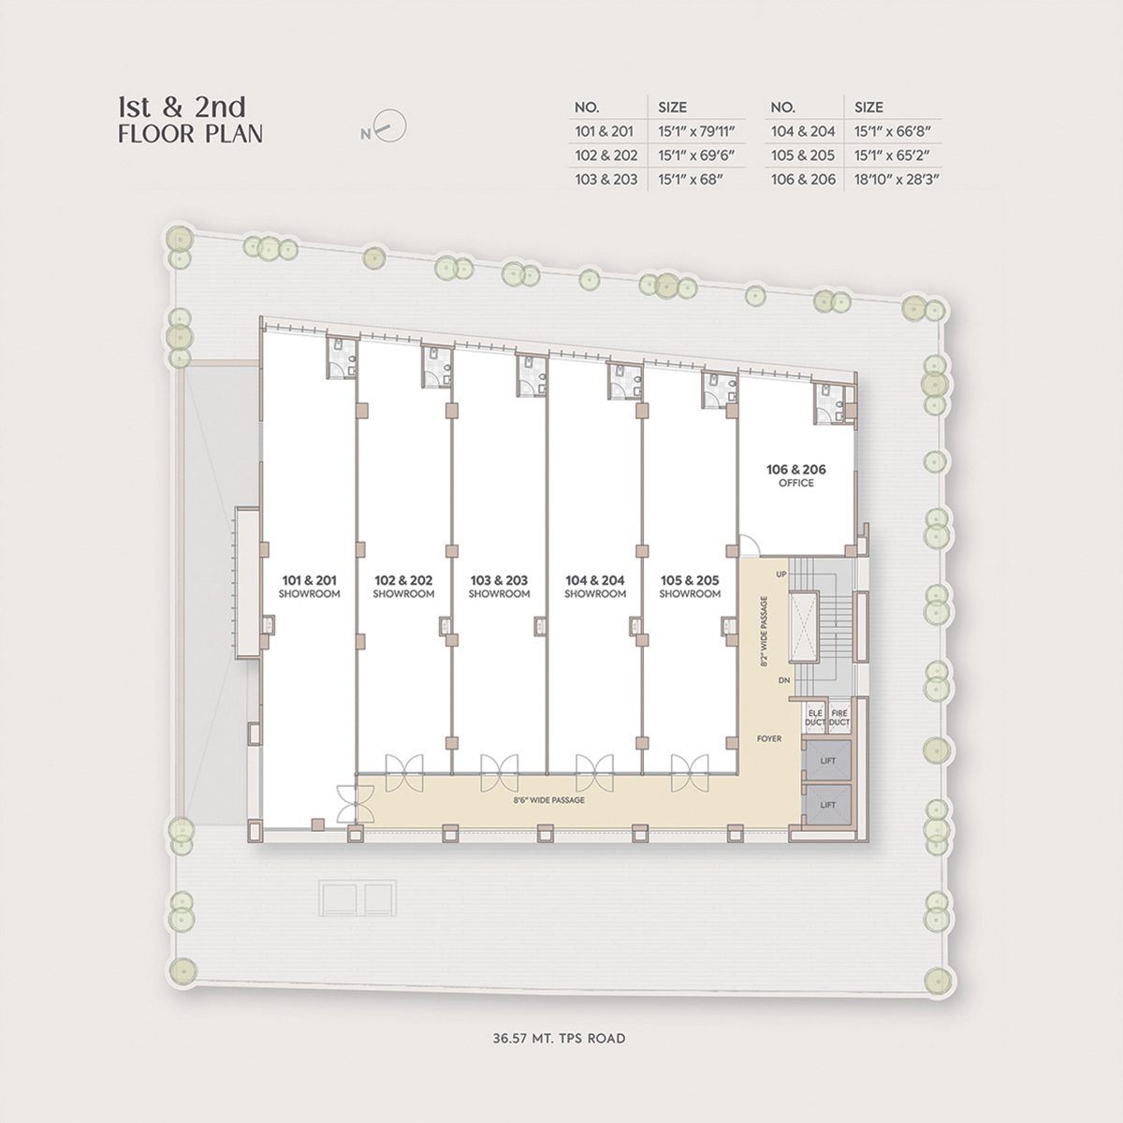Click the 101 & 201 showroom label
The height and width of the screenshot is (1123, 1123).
[x=309, y=586]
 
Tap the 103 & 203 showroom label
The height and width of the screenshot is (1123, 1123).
[x=499, y=586]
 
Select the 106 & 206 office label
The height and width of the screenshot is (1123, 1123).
[x=796, y=475]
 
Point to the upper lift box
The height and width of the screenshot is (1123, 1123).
[x=827, y=760]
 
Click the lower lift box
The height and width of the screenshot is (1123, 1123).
[x=827, y=804]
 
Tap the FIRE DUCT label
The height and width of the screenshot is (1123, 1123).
[x=839, y=718]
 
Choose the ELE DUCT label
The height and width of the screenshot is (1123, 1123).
[x=815, y=718]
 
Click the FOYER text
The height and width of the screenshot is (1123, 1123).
[x=769, y=738]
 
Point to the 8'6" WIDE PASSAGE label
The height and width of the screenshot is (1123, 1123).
[x=549, y=800]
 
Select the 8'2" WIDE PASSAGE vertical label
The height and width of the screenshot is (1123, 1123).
[x=764, y=631]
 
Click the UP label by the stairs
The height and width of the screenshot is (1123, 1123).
[x=781, y=574]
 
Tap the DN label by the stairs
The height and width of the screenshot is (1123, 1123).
[x=784, y=680]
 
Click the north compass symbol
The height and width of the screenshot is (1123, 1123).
[x=386, y=127]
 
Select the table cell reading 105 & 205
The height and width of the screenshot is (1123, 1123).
[x=803, y=155]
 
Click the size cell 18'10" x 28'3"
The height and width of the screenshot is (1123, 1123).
[x=897, y=179]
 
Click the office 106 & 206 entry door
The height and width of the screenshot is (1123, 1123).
[x=750, y=545]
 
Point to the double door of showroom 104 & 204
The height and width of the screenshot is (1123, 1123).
[x=594, y=773]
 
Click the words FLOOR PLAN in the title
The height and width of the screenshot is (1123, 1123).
[x=191, y=134]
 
